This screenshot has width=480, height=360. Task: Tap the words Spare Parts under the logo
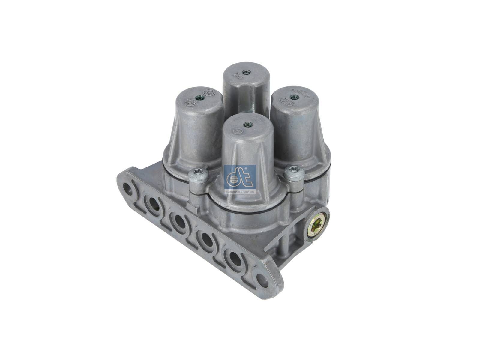pos(240,191)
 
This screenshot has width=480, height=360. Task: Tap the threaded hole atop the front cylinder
pos(247,123)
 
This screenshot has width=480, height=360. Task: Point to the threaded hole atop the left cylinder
pos(198,97)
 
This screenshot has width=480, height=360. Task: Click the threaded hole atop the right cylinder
pos(294,97)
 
